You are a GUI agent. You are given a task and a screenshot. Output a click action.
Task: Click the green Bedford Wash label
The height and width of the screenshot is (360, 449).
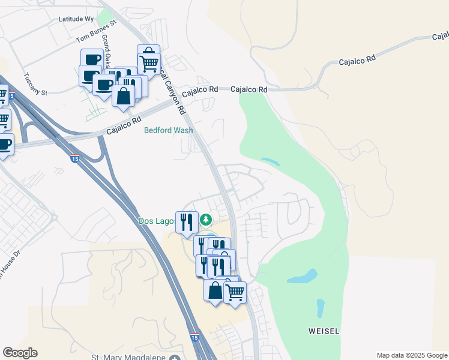point(169,130)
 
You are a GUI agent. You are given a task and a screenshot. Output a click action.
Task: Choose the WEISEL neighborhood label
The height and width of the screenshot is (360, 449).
point(324,331)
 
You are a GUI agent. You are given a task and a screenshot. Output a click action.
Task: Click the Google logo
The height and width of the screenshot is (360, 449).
point(20,353)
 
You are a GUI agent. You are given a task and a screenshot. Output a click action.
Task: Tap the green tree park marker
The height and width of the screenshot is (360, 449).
point(206,221)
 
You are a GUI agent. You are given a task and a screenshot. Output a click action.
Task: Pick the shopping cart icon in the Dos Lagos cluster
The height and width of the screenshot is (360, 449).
point(235,292)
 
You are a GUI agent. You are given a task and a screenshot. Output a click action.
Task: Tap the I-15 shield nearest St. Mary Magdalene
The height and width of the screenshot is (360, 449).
point(194,338)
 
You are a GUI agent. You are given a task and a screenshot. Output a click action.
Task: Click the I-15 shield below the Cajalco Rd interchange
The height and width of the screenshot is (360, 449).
point(74,158)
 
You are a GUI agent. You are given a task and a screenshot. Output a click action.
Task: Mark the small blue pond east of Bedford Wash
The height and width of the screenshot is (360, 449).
point(270,161)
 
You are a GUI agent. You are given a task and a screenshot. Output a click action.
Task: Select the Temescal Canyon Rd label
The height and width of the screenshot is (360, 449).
point(172,90)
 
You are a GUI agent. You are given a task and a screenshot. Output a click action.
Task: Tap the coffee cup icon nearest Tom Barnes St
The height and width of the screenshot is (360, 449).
point(92,59)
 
